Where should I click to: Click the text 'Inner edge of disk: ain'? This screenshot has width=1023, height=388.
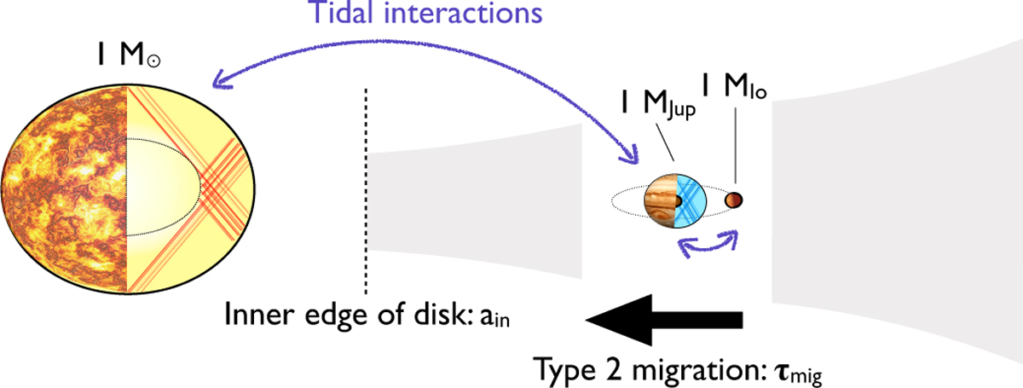pyautogui.click(x=373, y=316)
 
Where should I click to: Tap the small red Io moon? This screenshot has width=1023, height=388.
pyautogui.click(x=733, y=200)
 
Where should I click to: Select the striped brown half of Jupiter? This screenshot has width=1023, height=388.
pyautogui.click(x=661, y=201)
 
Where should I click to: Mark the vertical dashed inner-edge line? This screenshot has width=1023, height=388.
pyautogui.click(x=367, y=188)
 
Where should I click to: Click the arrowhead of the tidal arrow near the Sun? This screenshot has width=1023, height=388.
pyautogui.click(x=220, y=84)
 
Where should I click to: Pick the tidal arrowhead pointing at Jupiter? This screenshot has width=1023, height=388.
pyautogui.click(x=630, y=157)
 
